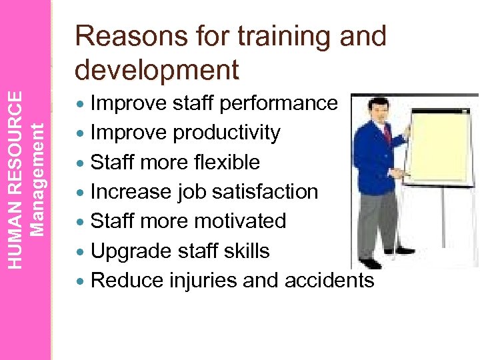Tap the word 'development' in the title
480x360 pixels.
pos(157,69)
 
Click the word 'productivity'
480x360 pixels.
pos(227,133)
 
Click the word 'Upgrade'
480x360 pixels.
pos(127,251)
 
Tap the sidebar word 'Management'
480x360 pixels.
pos(39,179)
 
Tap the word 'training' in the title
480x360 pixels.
pos(270,37)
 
